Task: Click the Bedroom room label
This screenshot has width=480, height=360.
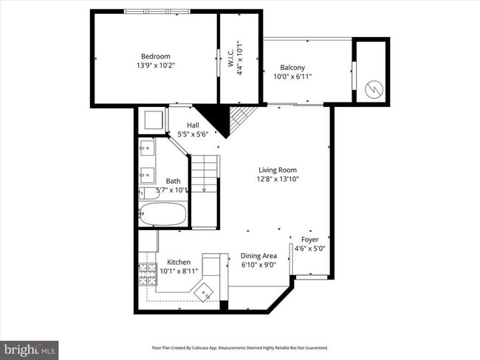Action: (156, 56)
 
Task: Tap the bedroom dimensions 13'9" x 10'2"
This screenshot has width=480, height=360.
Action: (156, 66)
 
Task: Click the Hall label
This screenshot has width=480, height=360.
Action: (193, 125)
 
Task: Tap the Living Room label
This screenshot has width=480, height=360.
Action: (277, 170)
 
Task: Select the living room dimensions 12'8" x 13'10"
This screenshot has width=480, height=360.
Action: (277, 179)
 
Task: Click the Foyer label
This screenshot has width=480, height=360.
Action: (310, 240)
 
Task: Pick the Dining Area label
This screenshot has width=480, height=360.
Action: (258, 256)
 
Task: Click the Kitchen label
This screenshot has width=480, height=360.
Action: (179, 262)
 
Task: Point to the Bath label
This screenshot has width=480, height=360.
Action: (173, 181)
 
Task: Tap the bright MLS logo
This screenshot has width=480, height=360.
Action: (29, 348)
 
